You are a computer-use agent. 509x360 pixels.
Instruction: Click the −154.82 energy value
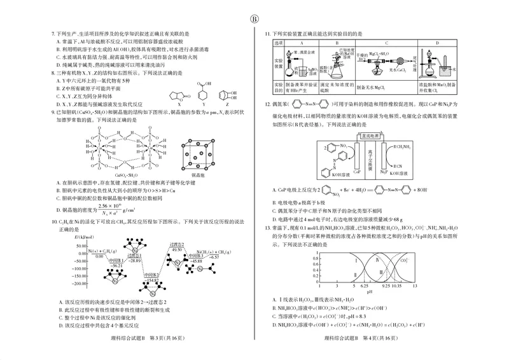pos(152,279)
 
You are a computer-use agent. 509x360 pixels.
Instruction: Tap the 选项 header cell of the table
pos(277,42)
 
